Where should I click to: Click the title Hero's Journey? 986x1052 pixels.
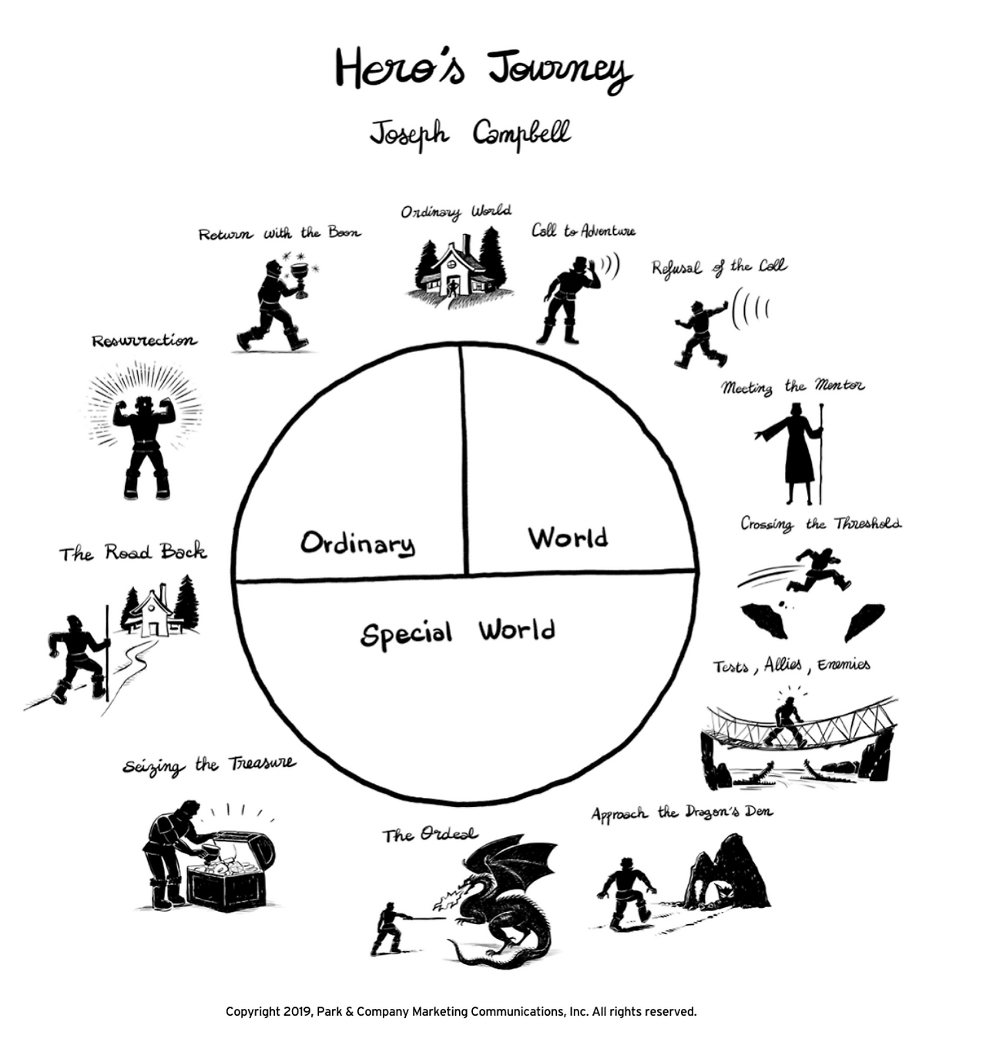(483, 69)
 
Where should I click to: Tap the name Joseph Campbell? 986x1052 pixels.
(470, 133)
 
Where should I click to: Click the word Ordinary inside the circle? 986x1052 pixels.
(357, 543)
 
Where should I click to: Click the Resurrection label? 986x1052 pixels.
(144, 340)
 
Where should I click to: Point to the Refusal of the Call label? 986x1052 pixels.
(719, 267)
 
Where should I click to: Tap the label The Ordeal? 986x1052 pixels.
(430, 835)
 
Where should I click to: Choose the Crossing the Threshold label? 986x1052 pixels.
(820, 524)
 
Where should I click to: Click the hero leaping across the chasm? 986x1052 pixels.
(821, 568)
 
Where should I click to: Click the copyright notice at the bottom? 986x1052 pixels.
(461, 1012)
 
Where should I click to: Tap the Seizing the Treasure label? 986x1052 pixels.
(209, 766)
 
